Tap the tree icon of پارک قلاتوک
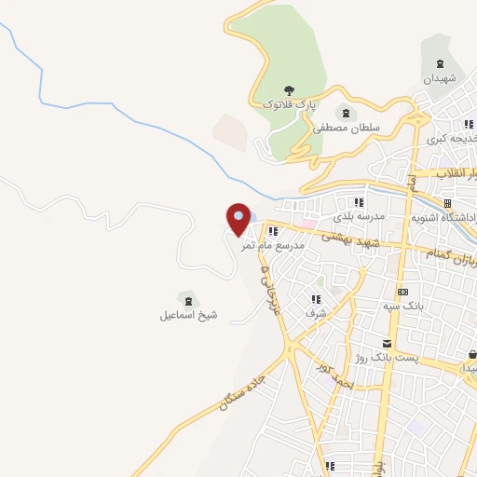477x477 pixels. [x=290, y=91]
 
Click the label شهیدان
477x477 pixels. [x=442, y=80]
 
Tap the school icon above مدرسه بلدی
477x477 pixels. [x=357, y=201]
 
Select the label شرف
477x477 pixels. [x=315, y=314]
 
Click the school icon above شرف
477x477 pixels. [x=315, y=299]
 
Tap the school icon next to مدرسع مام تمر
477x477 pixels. [x=272, y=231]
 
